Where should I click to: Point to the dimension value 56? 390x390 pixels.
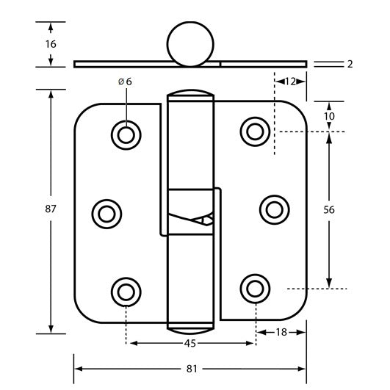tap(329, 209)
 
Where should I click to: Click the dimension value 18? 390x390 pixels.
tap(281, 333)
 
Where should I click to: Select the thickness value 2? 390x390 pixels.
tap(350, 65)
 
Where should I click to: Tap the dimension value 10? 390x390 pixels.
tap(329, 116)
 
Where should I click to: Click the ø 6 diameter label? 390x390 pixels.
tap(125, 82)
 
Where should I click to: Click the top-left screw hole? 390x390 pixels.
tap(126, 134)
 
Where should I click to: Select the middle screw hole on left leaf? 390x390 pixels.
tap(106, 213)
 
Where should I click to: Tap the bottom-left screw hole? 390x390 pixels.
tap(126, 289)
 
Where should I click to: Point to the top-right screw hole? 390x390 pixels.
tap(255, 131)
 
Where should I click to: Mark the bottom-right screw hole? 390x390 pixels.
tap(255, 286)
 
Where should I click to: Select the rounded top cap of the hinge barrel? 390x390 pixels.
tap(190, 95)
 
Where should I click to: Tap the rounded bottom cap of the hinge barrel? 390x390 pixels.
tap(190, 328)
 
